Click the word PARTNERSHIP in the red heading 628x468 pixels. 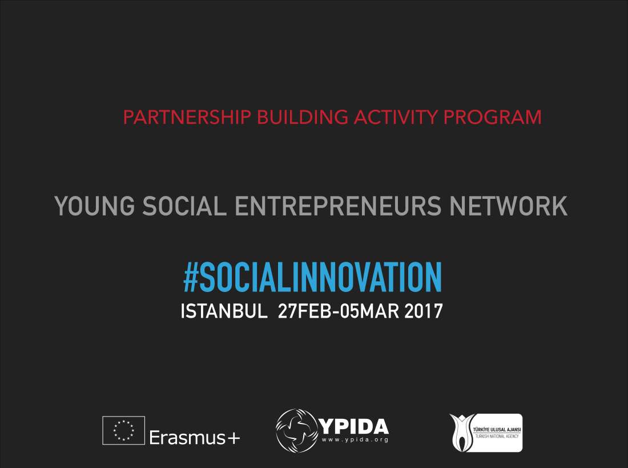[x=187, y=117]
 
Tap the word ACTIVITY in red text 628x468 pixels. [x=396, y=117]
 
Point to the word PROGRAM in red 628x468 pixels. [x=493, y=117]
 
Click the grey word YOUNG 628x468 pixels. [x=95, y=206]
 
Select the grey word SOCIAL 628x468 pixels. [x=184, y=206]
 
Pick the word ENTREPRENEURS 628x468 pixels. [x=338, y=206]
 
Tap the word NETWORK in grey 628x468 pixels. [x=508, y=206]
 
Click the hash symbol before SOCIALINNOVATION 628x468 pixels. [x=191, y=277]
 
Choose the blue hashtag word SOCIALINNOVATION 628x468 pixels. [x=320, y=277]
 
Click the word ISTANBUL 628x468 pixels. [x=224, y=311]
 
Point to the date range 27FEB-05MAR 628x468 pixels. [x=339, y=311]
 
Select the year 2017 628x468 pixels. [x=424, y=311]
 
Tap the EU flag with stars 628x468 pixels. [x=124, y=430]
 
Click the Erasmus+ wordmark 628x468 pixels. [x=195, y=437]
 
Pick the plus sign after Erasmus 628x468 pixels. [x=234, y=438]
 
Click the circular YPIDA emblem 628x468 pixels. [x=297, y=431]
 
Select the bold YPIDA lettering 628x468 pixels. [x=353, y=427]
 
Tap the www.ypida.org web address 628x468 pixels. [x=355, y=440]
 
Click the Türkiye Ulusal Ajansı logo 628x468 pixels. [x=486, y=433]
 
